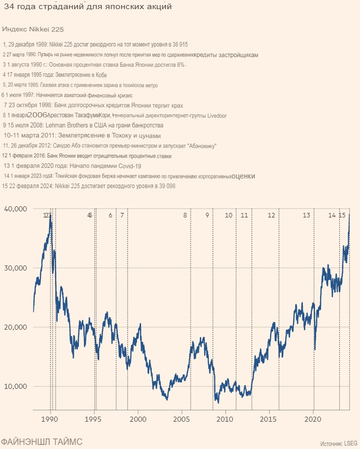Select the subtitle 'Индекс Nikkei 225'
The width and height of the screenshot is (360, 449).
click(33, 29)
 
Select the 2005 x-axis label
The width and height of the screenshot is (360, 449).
click(182, 419)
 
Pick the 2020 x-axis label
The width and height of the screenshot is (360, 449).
click(313, 419)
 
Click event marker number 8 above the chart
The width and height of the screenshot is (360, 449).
click(185, 215)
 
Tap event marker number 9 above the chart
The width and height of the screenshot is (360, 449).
click(207, 215)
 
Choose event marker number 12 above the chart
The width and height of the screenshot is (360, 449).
click(272, 215)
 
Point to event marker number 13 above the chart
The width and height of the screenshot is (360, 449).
click(306, 215)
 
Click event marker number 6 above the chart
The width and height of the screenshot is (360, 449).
click(110, 215)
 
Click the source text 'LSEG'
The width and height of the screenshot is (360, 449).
click(351, 443)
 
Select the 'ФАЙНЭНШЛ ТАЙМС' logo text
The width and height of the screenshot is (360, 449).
click(41, 441)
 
